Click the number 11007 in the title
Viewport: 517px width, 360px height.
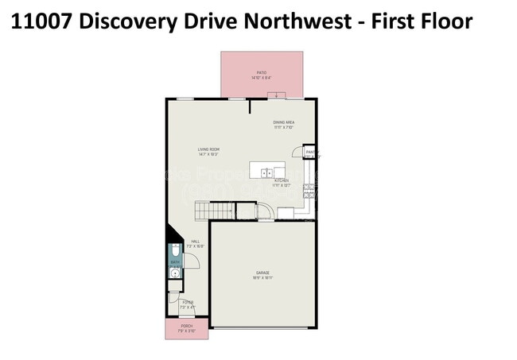tap(44, 21)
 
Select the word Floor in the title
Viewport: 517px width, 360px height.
tap(444, 21)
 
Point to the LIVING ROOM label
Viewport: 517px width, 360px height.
tap(209, 149)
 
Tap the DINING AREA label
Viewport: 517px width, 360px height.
tap(284, 122)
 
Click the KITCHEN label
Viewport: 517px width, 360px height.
tap(281, 181)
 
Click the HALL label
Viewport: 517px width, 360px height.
tap(195, 244)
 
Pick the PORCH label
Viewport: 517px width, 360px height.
tap(186, 326)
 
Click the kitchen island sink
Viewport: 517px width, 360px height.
tap(269, 171)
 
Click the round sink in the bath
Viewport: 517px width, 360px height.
tap(173, 274)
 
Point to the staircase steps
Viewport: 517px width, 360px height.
tap(214, 211)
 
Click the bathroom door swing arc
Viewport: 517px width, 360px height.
tap(191, 263)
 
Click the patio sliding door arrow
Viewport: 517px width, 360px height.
tap(277, 96)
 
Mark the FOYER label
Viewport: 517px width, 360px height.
tap(188, 302)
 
